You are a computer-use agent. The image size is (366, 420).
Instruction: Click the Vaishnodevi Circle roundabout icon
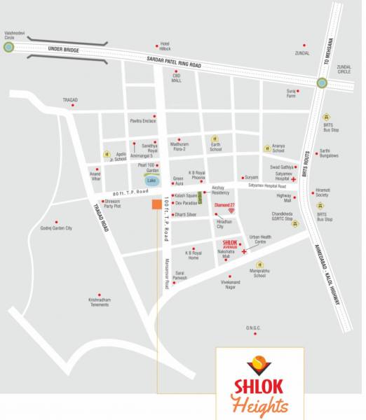click(x=8, y=48)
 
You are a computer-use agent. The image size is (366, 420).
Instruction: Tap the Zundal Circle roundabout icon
click(x=321, y=83)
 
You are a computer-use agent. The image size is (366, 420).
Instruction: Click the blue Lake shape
click(x=152, y=180)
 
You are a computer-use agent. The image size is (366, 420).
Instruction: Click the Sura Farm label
click(x=291, y=94)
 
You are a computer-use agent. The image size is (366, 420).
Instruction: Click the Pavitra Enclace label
click(x=142, y=122)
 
